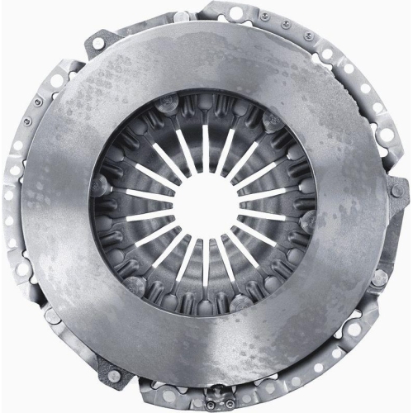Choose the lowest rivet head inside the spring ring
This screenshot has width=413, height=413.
206,307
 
